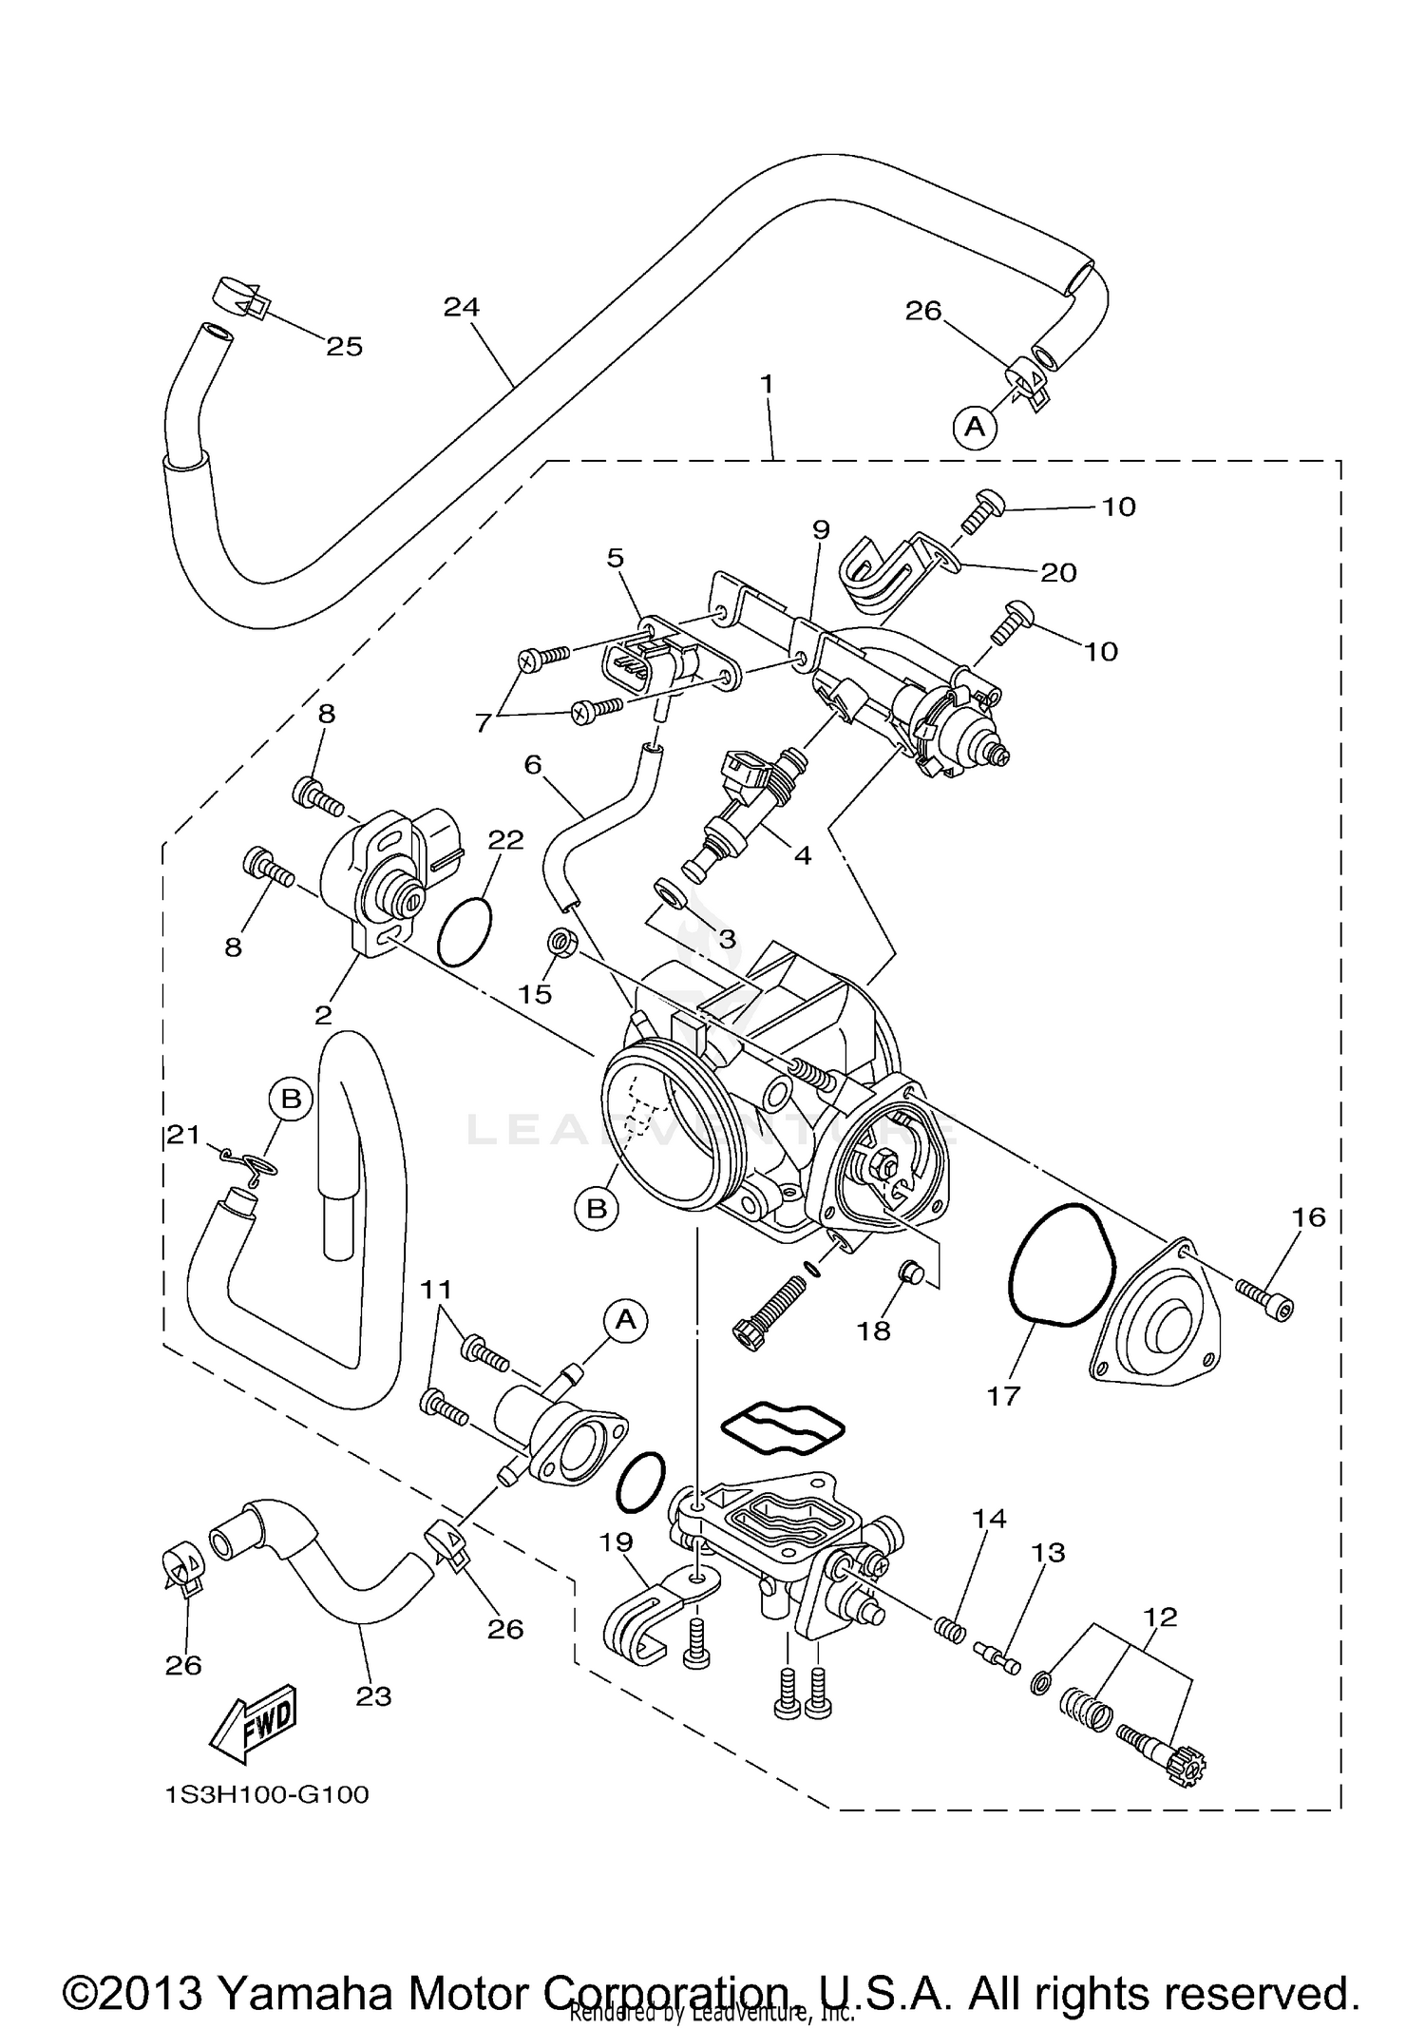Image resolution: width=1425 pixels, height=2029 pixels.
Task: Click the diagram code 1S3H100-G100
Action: [266, 1795]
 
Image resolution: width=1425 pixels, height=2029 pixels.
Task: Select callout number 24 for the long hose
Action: [462, 307]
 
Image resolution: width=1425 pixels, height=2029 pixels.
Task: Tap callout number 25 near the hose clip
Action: [344, 347]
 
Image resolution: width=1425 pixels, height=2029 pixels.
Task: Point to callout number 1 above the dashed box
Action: [767, 385]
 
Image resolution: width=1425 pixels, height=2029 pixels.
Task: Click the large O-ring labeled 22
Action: [465, 932]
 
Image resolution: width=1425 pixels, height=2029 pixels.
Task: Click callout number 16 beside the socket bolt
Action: [1308, 1216]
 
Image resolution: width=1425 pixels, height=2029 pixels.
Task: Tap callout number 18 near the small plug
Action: [873, 1330]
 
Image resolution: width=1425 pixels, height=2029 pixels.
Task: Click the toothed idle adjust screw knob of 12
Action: [1187, 1771]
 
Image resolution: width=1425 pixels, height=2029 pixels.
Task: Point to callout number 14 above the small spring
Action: [989, 1519]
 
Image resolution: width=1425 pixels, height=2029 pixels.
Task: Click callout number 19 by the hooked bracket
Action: [617, 1541]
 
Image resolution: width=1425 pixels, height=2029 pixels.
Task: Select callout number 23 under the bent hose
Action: [373, 1696]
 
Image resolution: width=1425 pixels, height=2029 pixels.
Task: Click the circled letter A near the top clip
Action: [975, 427]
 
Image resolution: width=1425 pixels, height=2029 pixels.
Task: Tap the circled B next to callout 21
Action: [291, 1100]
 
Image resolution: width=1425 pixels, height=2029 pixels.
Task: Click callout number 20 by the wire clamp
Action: [1058, 572]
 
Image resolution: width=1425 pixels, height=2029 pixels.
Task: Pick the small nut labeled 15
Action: [561, 945]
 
